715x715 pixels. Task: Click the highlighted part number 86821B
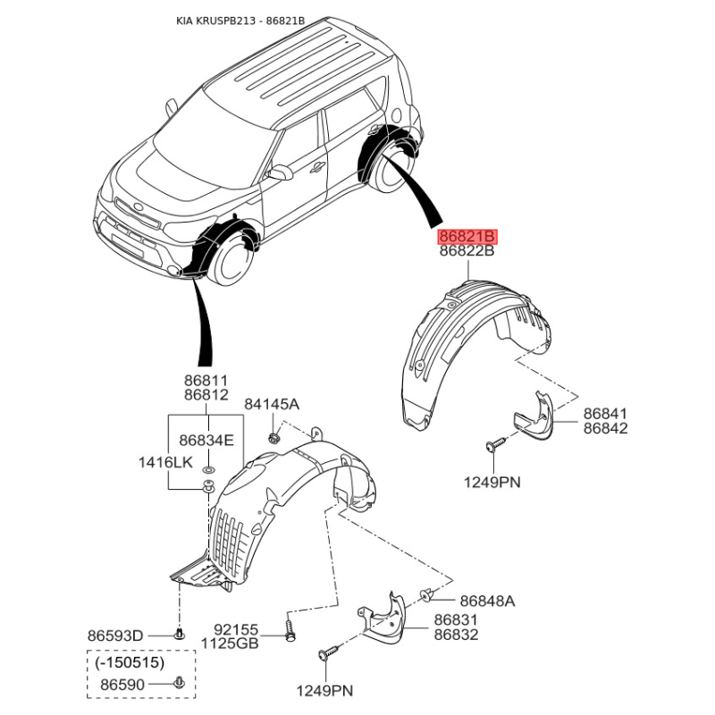tap(467, 237)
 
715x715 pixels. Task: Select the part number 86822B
tap(467, 251)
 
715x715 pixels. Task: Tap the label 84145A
tap(272, 404)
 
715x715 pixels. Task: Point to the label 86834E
tap(206, 441)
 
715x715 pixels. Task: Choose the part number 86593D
tap(115, 635)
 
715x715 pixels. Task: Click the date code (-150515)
tap(130, 662)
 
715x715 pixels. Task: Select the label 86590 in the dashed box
tap(122, 685)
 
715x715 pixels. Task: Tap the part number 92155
tap(236, 630)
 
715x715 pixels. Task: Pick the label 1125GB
tap(230, 643)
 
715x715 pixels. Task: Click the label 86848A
tap(487, 601)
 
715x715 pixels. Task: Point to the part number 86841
tap(606, 414)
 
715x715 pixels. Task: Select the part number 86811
tap(206, 381)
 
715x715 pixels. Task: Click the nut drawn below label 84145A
tap(273, 439)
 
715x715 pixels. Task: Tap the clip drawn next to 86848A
tap(426, 594)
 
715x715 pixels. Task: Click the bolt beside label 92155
tap(290, 630)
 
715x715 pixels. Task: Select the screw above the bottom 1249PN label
tap(329, 652)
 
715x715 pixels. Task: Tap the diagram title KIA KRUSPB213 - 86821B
tap(240, 21)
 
